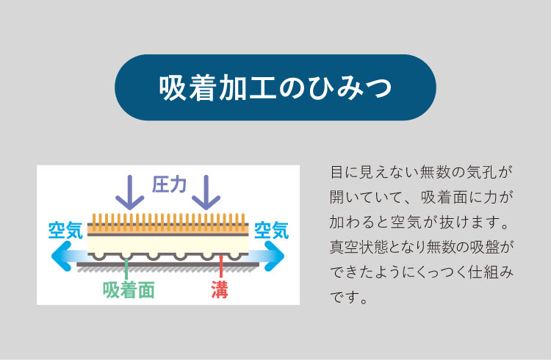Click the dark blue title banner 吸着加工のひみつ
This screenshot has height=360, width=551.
[x=275, y=87]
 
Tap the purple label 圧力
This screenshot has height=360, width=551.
[x=169, y=184]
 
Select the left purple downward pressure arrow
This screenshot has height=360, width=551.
[x=129, y=192]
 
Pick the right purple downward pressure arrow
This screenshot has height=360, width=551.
[x=206, y=192]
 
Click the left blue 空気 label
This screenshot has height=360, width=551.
[x=65, y=230]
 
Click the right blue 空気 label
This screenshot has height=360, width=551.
[x=271, y=230]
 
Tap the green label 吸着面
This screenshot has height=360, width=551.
[x=129, y=290]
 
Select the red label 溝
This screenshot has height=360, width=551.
[x=220, y=290]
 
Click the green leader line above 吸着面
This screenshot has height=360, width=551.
[x=126, y=269]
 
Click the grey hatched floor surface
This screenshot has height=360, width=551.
[x=168, y=269]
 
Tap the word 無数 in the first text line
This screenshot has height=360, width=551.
[x=435, y=172]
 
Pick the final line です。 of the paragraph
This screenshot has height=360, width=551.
[x=348, y=298]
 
